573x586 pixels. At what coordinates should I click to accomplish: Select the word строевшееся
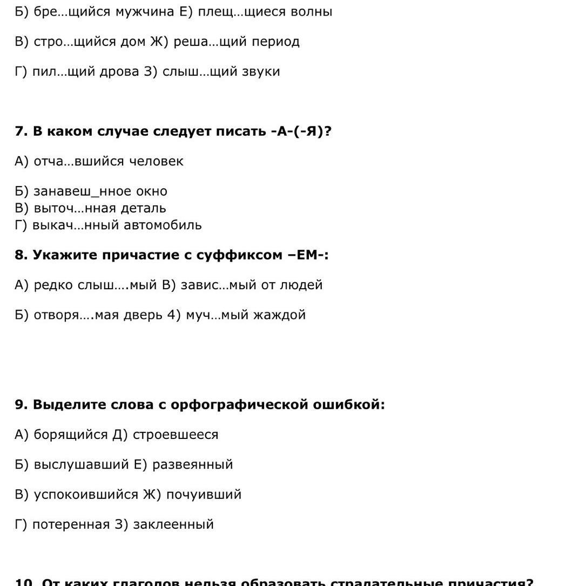(x=176, y=435)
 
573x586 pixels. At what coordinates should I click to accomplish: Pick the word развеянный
(x=192, y=464)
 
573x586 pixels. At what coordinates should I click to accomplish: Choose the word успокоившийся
(x=86, y=494)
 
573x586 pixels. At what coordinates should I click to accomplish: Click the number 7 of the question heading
(x=20, y=131)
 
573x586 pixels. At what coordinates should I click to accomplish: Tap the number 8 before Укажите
(x=20, y=255)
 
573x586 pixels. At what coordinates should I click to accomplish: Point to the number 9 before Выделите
(x=20, y=404)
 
